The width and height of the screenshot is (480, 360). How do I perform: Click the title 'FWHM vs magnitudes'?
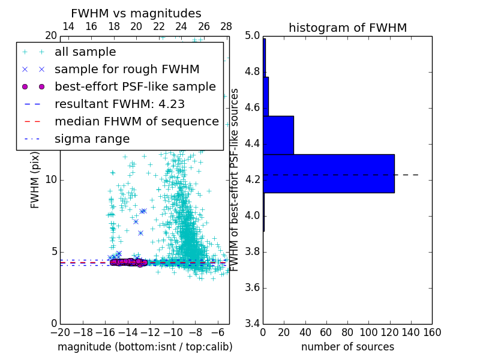pyautogui.click(x=136, y=13)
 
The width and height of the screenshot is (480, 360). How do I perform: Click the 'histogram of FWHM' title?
pyautogui.click(x=347, y=28)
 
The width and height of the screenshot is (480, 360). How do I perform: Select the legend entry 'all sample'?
pyautogui.click(x=85, y=52)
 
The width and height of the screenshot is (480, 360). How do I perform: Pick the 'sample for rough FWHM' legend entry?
pyautogui.click(x=127, y=69)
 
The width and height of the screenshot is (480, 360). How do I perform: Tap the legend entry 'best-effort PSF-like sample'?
pyautogui.click(x=135, y=86)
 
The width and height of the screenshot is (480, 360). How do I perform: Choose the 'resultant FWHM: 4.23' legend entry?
pyautogui.click(x=119, y=104)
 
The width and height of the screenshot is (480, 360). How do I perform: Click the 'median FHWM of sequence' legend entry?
pyautogui.click(x=136, y=121)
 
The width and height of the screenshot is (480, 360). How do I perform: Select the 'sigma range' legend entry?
pyautogui.click(x=92, y=139)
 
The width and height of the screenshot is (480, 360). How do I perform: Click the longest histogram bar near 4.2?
pyautogui.click(x=329, y=173)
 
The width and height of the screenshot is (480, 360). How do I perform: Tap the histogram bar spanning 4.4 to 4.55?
pyautogui.click(x=278, y=135)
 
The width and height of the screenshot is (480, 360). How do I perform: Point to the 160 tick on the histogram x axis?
pyautogui.click(x=432, y=331)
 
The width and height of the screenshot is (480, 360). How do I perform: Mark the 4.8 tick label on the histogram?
pyautogui.click(x=252, y=72)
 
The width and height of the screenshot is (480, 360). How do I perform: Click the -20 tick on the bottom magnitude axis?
pyautogui.click(x=60, y=331)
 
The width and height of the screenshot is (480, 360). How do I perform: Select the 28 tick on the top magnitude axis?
pyautogui.click(x=226, y=27)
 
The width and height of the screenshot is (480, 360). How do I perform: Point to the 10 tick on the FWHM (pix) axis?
pyautogui.click(x=52, y=180)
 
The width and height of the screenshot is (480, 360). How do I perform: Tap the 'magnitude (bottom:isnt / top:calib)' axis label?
pyautogui.click(x=145, y=347)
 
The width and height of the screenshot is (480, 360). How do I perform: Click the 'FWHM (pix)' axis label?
pyautogui.click(x=35, y=180)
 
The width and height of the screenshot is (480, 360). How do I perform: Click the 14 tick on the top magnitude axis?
pyautogui.click(x=68, y=27)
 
